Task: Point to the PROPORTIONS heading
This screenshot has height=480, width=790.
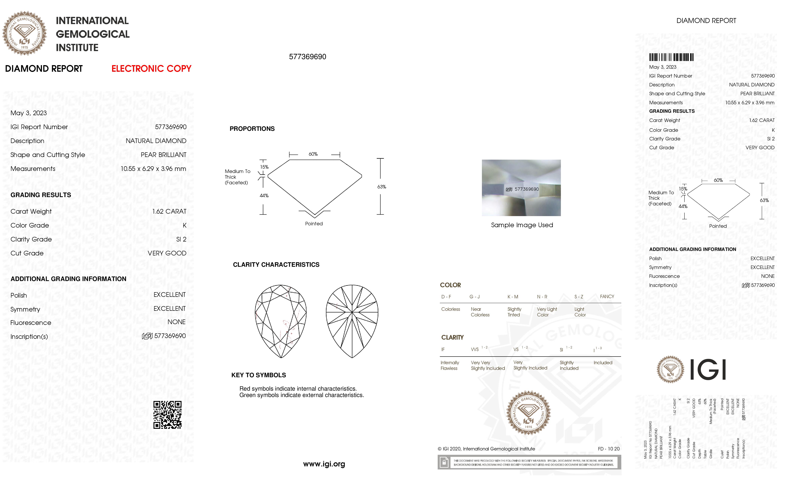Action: [252, 129]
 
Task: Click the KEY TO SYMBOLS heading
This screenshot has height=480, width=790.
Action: [258, 375]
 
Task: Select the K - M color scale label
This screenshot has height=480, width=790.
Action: [513, 297]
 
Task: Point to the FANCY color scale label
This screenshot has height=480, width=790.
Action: [607, 296]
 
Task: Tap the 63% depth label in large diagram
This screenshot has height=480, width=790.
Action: [381, 187]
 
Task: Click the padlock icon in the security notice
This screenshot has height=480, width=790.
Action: [444, 462]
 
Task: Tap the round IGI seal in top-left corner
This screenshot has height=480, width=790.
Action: [24, 33]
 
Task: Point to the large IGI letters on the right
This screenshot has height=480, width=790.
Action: [708, 370]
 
